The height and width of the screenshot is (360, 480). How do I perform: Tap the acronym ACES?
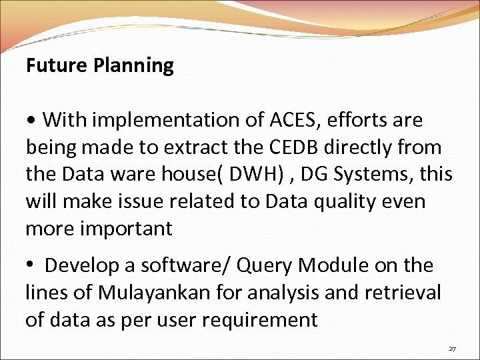pos(293,120)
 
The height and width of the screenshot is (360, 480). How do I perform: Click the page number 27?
pos(452,348)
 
